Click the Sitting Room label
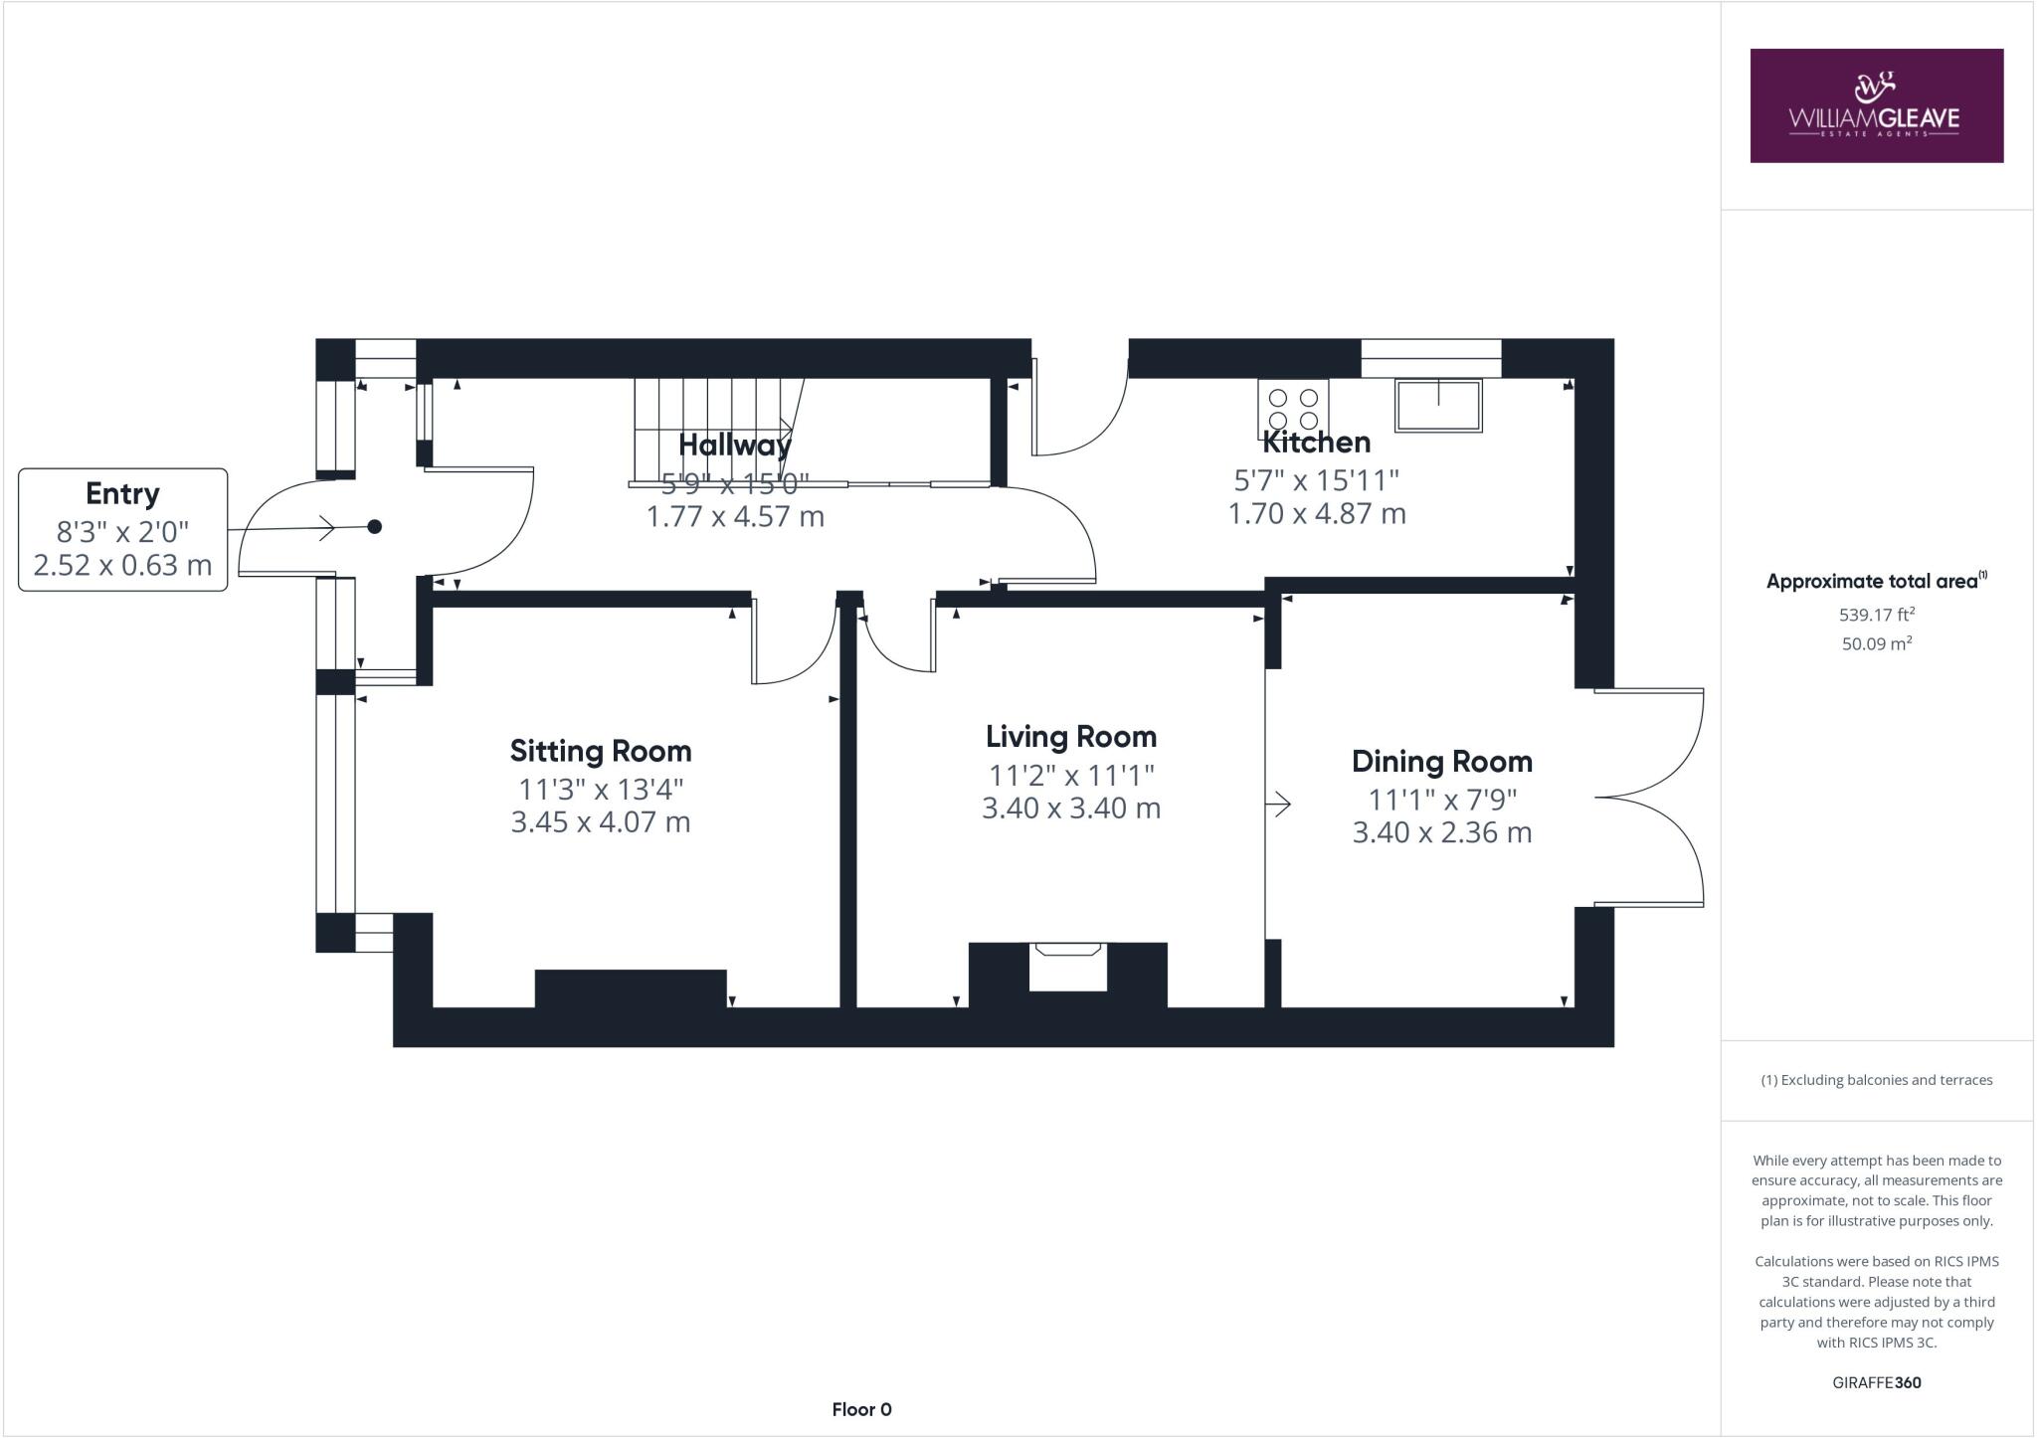tap(600, 751)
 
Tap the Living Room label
tap(1071, 737)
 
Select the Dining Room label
tap(1441, 762)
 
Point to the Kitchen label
tap(1316, 443)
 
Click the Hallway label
tap(734, 445)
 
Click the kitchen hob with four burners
tap(1292, 410)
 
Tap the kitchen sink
tap(1438, 405)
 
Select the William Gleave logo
tap(1876, 105)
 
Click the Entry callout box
tap(123, 530)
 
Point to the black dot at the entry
tap(375, 527)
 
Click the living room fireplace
tap(1068, 966)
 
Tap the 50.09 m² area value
tap(1876, 643)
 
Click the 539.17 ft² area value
tap(1876, 616)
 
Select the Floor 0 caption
tap(861, 1409)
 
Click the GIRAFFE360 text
tap(1876, 1382)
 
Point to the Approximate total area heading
tap(1876, 582)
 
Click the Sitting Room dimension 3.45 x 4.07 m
tap(600, 822)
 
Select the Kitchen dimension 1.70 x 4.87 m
tap(1316, 514)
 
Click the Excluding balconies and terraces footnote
tap(1876, 1080)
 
